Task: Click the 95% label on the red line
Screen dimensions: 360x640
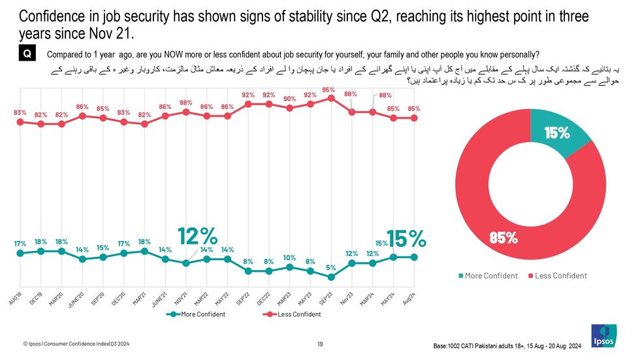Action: point(328,90)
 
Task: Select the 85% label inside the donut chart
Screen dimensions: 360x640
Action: point(504,238)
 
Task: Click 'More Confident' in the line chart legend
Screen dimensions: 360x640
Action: point(202,314)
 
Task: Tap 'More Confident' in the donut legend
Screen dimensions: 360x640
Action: point(490,276)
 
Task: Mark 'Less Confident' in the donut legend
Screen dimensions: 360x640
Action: point(560,276)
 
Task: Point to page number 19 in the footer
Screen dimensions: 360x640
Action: point(320,344)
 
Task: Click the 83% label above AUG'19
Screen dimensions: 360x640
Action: point(20,112)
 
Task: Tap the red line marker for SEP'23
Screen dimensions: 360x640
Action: point(332,99)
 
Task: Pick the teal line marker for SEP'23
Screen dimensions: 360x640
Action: point(332,277)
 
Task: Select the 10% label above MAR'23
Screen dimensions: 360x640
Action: point(290,257)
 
